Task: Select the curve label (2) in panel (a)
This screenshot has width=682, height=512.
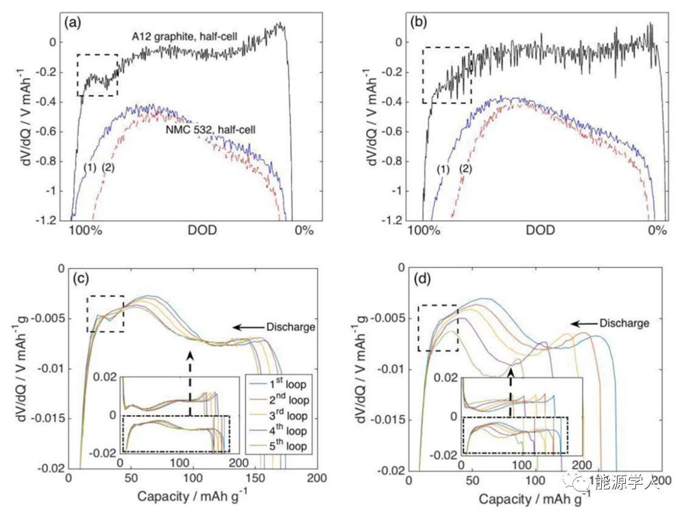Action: (x=108, y=167)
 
